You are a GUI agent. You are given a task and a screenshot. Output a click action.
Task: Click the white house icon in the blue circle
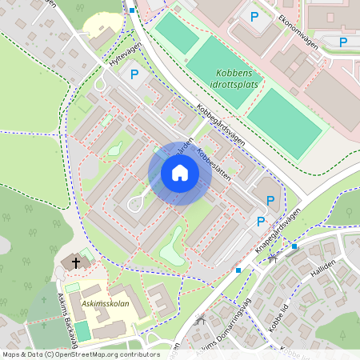(180, 173)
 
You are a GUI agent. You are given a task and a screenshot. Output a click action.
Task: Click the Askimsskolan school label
(105, 304)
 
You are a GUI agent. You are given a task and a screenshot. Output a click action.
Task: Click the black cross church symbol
(76, 262)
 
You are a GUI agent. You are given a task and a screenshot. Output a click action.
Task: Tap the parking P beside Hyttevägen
(134, 74)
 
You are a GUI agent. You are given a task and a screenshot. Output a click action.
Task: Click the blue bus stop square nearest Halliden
(294, 246)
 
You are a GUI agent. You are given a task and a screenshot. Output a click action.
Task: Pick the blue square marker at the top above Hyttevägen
(132, 10)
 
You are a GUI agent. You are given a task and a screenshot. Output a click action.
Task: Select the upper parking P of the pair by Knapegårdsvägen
(270, 200)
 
